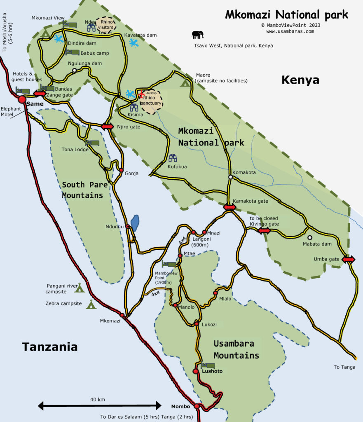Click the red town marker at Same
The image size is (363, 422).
(22, 99)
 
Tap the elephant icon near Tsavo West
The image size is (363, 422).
(197, 35)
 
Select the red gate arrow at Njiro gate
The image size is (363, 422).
(107, 126)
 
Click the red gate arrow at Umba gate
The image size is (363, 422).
(348, 259)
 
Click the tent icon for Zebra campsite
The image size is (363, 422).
(91, 304)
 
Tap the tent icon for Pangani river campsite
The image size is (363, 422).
(79, 288)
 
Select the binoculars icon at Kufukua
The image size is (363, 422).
(173, 158)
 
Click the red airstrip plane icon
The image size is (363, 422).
(142, 94)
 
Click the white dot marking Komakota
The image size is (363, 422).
(231, 177)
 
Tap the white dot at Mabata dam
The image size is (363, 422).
(310, 237)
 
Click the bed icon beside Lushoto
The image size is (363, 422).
(208, 365)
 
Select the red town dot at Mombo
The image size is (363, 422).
(197, 406)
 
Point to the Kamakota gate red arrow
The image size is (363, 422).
(230, 207)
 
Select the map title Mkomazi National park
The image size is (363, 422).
(286, 15)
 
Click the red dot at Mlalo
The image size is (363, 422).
(215, 293)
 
